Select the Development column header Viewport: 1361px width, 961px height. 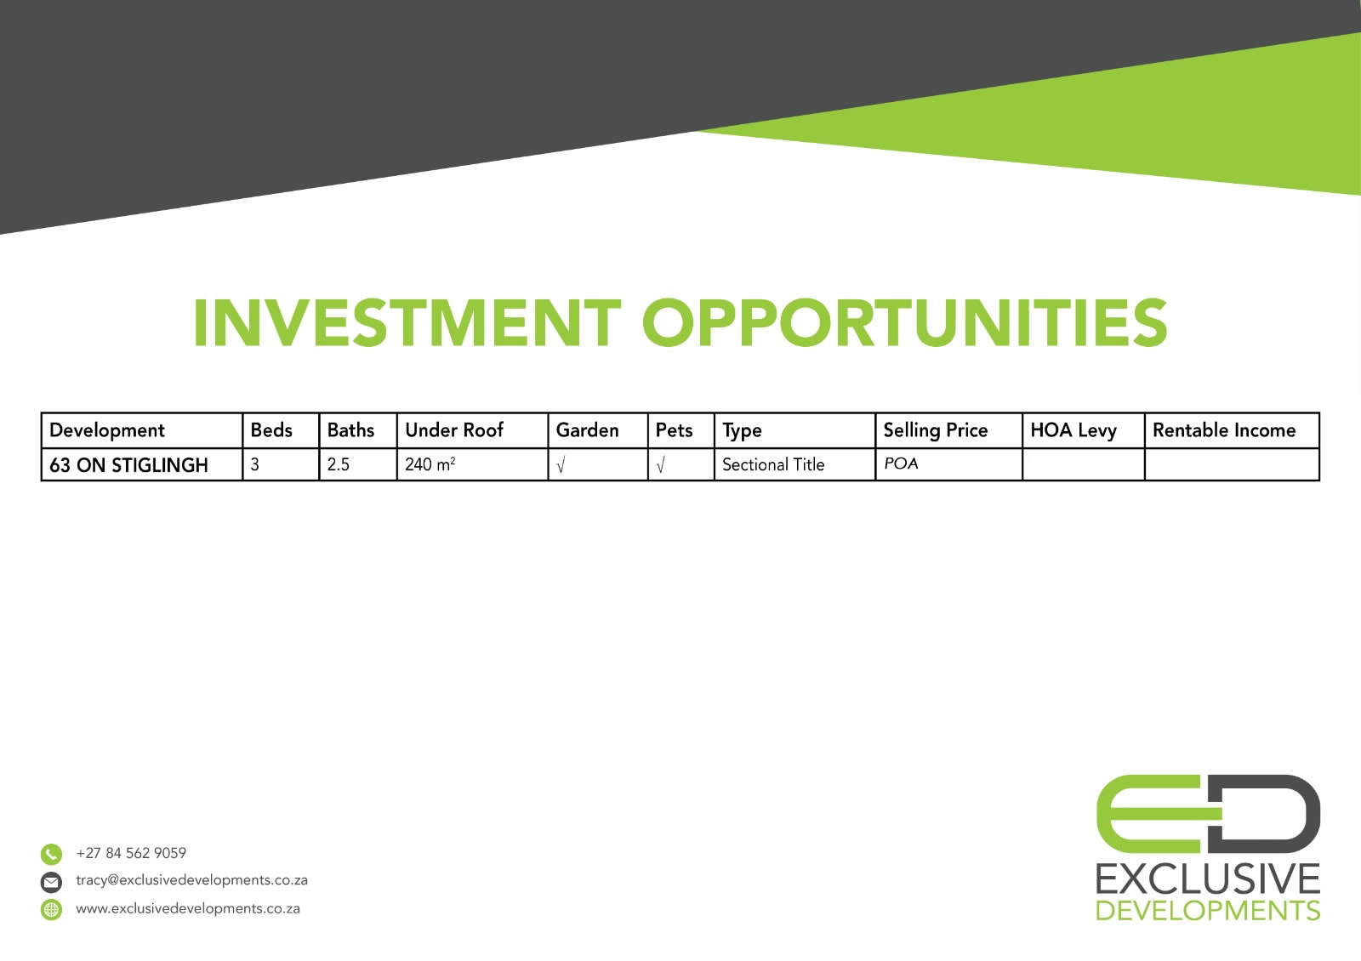point(107,430)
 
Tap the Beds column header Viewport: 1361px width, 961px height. point(271,430)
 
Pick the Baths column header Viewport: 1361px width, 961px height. point(350,430)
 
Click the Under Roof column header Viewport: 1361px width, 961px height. point(454,430)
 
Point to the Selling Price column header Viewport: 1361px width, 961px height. point(935,430)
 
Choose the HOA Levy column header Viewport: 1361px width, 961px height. point(1073,430)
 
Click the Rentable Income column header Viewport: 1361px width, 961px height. point(1224,430)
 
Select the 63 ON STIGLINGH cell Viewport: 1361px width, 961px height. point(128,465)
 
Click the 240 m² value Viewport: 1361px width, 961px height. point(430,464)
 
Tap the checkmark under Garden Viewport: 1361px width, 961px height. point(561,465)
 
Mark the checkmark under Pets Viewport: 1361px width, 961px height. point(660,465)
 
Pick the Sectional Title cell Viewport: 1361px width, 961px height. point(773,464)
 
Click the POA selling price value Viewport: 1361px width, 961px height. point(901,463)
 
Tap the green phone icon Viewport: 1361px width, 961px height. point(52,854)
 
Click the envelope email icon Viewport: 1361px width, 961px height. point(52,882)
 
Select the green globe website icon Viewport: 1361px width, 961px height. point(52,909)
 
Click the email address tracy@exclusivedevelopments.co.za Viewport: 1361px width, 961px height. point(191,880)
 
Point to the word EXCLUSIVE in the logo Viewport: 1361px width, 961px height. point(1208,879)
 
